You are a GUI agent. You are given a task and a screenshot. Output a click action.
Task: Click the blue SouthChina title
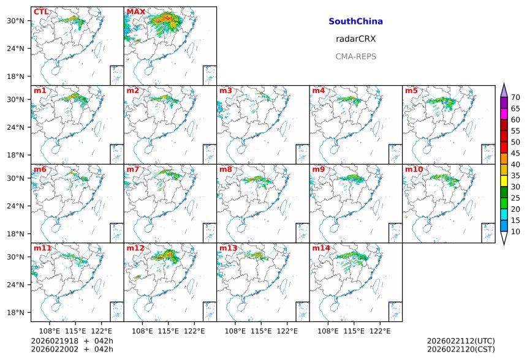tap(355, 21)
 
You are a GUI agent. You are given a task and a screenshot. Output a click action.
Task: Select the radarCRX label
tap(355, 39)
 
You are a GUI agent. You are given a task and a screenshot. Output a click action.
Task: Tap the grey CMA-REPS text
tap(355, 56)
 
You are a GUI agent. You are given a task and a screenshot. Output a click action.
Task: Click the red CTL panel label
tap(41, 12)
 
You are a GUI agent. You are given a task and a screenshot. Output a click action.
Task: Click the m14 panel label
tap(320, 248)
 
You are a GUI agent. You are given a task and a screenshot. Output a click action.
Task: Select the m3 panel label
tap(226, 91)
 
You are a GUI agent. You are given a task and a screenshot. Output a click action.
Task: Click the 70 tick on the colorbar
tap(515, 97)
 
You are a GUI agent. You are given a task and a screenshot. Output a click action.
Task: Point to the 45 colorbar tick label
tap(515, 153)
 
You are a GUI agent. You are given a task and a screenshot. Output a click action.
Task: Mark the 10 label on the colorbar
tap(515, 231)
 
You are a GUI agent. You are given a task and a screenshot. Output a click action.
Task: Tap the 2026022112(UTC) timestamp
tap(460, 341)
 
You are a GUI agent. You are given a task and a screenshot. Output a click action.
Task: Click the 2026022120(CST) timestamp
tap(460, 350)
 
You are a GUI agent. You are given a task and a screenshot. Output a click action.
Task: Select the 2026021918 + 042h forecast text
tap(68, 341)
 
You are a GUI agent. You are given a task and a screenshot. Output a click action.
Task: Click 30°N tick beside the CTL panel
tap(15, 21)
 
